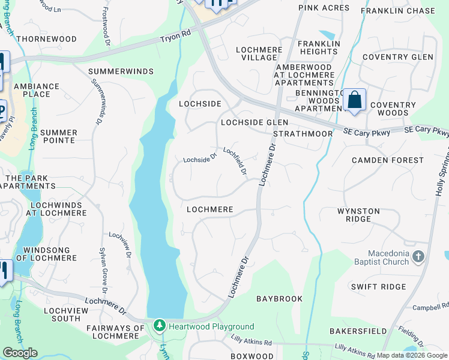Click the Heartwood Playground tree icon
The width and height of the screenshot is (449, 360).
click(159, 326)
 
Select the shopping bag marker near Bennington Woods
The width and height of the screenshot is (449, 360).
click(355, 100)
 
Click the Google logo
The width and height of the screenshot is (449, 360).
click(20, 353)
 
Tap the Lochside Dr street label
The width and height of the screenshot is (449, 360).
click(200, 159)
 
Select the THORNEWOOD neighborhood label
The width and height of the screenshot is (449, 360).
click(47, 39)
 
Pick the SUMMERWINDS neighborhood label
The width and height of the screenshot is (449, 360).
click(121, 71)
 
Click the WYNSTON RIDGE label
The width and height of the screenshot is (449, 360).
click(358, 215)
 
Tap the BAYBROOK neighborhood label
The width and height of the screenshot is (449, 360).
click(279, 298)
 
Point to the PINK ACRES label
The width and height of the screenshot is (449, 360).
click(324, 8)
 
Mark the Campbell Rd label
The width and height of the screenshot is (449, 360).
click(430, 308)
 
